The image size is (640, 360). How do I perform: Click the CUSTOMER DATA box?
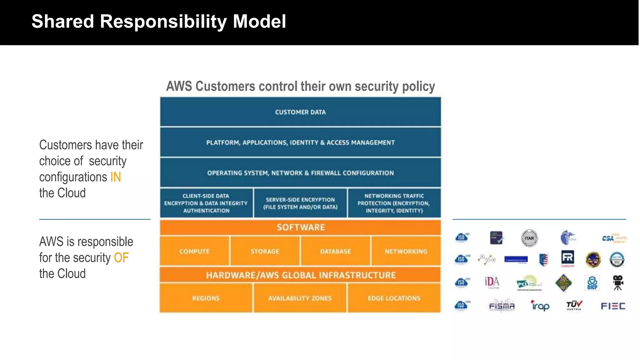(x=300, y=112)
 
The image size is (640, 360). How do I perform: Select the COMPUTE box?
(x=194, y=251)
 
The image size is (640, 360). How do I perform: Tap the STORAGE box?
(x=265, y=251)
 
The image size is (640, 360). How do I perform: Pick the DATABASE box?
(x=335, y=251)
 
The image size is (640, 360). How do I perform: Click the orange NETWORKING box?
(x=406, y=251)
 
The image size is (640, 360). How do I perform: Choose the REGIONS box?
(x=206, y=298)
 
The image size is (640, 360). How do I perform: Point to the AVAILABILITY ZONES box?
(x=300, y=298)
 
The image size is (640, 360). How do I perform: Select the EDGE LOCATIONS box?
(x=394, y=298)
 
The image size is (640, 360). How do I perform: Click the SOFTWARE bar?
(x=300, y=227)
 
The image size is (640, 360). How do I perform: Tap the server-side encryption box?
(x=300, y=203)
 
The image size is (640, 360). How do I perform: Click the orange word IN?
(x=116, y=177)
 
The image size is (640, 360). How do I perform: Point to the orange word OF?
(x=121, y=258)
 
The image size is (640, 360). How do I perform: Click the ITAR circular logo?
(x=529, y=238)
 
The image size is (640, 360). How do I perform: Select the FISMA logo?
(x=502, y=306)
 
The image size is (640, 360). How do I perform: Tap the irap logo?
(x=540, y=306)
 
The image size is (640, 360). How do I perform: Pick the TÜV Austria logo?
(x=574, y=305)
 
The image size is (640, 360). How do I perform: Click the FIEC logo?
(x=613, y=306)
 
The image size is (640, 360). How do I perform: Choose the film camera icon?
(x=617, y=282)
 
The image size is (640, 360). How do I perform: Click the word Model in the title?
(x=259, y=22)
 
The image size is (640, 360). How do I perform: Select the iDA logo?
(x=492, y=282)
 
